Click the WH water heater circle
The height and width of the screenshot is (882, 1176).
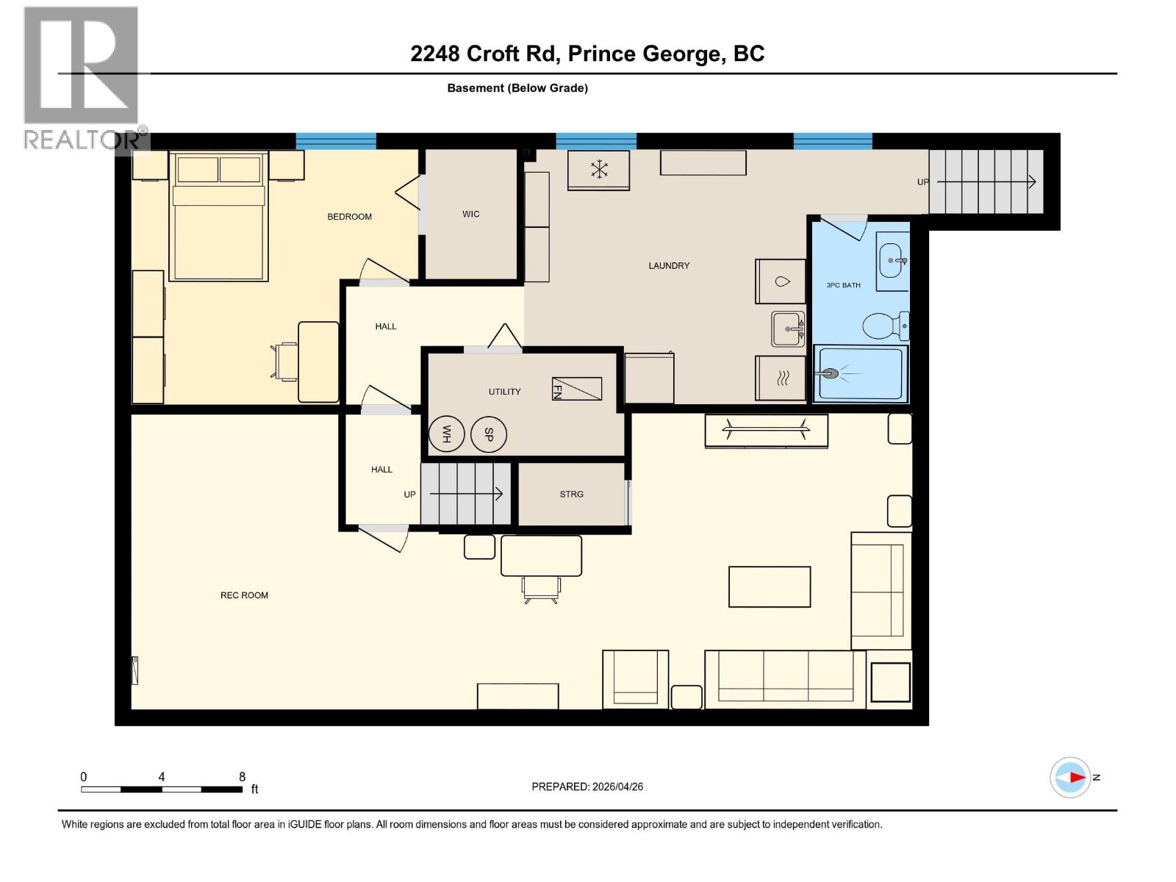pyautogui.click(x=446, y=434)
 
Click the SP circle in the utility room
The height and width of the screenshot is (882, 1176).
pyautogui.click(x=489, y=434)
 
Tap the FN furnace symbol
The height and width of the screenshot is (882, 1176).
pyautogui.click(x=577, y=389)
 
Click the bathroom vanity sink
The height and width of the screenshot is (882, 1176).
pyautogui.click(x=892, y=260)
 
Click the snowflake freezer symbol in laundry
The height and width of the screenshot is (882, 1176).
pyautogui.click(x=599, y=170)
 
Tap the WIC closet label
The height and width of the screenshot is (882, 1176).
pyautogui.click(x=471, y=215)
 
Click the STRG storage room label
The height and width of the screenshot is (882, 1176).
pyautogui.click(x=571, y=495)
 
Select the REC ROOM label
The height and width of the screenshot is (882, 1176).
pyautogui.click(x=244, y=595)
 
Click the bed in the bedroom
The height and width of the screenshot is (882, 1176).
pyautogui.click(x=218, y=217)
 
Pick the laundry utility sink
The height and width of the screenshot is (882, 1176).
pyautogui.click(x=787, y=329)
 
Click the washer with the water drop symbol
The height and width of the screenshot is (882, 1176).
pyautogui.click(x=781, y=282)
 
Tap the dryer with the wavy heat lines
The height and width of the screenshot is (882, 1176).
pyautogui.click(x=781, y=379)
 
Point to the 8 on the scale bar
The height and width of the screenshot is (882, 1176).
pyautogui.click(x=242, y=777)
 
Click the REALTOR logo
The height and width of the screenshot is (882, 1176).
pyautogui.click(x=82, y=77)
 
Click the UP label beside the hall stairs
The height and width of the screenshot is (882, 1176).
pyautogui.click(x=409, y=495)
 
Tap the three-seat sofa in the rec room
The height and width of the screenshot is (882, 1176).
pyautogui.click(x=785, y=678)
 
